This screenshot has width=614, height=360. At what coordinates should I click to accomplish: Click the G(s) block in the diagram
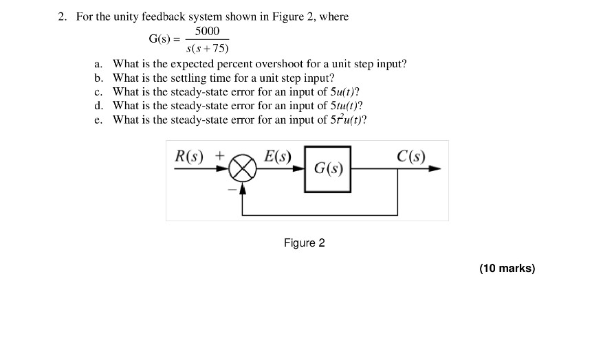point(327,168)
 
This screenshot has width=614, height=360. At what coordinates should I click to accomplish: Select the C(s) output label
point(410,156)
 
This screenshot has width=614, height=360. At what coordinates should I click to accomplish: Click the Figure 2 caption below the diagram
point(304,243)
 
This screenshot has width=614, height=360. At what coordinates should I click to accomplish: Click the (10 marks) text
point(507,268)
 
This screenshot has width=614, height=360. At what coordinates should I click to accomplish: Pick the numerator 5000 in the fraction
point(207,31)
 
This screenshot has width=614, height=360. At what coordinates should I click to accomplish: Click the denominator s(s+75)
point(208,48)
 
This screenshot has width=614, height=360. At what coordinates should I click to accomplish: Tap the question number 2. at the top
point(63,16)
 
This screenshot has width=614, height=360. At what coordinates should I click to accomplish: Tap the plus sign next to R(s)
point(219,155)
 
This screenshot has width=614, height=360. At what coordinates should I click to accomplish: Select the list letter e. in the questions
point(99,120)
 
